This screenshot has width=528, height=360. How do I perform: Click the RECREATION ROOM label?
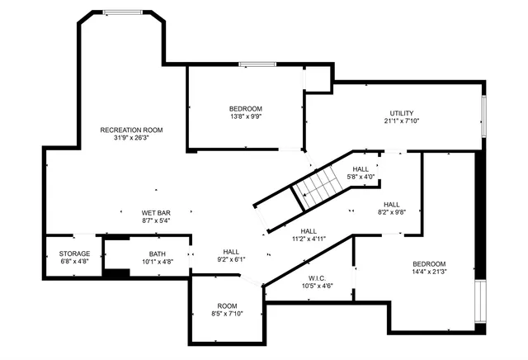(x=131, y=130)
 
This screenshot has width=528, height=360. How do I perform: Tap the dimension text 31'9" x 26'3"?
(x=131, y=138)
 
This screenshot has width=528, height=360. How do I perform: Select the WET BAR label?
(x=156, y=213)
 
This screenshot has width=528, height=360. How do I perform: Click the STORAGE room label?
(x=74, y=253)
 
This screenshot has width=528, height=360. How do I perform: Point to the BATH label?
(x=158, y=253)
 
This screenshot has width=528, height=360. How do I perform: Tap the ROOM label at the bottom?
(x=227, y=306)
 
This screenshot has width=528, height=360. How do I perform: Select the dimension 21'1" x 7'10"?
(x=402, y=121)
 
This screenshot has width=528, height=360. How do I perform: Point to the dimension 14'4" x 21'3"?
(x=429, y=272)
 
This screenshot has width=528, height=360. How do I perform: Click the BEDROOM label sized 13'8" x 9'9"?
(x=245, y=109)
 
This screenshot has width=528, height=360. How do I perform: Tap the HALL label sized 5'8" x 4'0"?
(x=361, y=168)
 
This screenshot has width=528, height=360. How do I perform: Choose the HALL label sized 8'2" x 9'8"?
(x=391, y=204)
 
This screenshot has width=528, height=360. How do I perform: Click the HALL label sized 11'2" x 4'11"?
(x=309, y=231)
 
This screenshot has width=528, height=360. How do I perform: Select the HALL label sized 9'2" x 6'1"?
(x=231, y=251)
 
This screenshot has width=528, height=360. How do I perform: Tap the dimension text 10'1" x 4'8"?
(x=158, y=262)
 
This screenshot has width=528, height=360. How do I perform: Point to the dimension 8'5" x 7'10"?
(x=227, y=314)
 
